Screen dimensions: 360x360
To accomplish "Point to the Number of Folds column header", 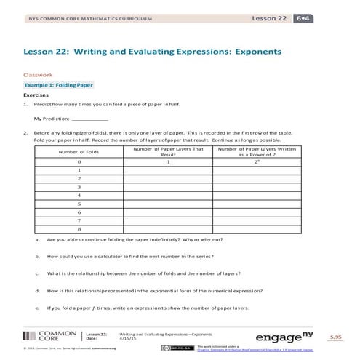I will coord(78,151).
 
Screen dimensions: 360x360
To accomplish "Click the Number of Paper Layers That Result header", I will coord(168,151).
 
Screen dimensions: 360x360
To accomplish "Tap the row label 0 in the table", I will coord(78,161).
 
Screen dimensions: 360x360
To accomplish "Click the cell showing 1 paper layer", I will coord(168,161).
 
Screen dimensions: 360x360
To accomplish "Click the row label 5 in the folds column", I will coord(78,204).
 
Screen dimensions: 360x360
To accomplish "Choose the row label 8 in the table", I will coord(78,229).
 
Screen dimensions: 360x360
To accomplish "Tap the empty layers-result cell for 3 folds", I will coord(168,187).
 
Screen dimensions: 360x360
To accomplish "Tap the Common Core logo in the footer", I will coord(48,336).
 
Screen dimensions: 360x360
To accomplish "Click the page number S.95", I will coord(335,337).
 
